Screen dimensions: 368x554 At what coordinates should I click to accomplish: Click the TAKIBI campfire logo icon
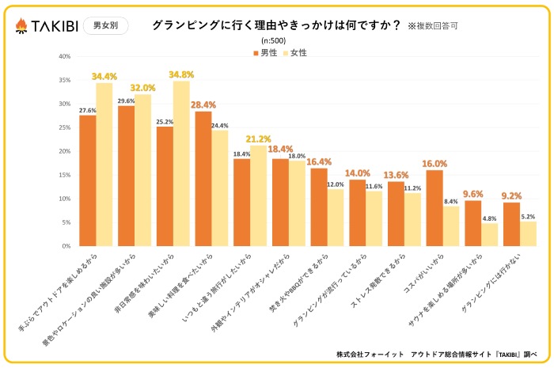(x=21, y=25)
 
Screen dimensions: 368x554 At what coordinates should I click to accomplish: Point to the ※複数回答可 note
(x=433, y=26)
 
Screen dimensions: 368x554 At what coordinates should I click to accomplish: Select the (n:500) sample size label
(x=274, y=41)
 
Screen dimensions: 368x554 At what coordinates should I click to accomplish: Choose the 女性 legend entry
(x=294, y=53)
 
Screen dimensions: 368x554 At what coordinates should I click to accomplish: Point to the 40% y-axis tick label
(x=65, y=56)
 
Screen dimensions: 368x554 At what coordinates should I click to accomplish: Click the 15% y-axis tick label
(x=65, y=175)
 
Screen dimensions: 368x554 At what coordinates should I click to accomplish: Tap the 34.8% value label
(x=181, y=74)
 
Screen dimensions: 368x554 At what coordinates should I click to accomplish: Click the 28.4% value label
(x=203, y=104)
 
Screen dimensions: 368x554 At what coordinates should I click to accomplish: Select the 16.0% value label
(x=434, y=164)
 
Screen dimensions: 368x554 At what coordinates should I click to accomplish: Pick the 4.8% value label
(x=489, y=218)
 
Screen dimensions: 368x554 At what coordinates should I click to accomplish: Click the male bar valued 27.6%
(x=87, y=180)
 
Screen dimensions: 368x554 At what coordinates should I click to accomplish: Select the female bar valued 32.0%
(x=142, y=170)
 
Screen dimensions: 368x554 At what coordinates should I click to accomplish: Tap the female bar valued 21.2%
(x=258, y=195)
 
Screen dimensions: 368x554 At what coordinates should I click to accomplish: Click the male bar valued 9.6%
(x=472, y=223)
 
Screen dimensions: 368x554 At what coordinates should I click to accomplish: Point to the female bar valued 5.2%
(x=528, y=233)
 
